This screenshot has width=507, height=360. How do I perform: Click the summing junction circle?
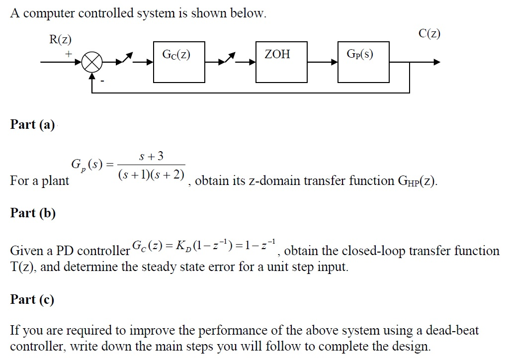tap(92, 63)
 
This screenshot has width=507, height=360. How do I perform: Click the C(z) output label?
tap(429, 34)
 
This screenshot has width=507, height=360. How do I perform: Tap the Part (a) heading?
tap(32, 124)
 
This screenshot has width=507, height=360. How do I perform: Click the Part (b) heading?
tap(33, 213)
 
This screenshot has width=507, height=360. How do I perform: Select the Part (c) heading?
tap(32, 299)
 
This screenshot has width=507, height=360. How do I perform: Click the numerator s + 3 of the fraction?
tap(153, 157)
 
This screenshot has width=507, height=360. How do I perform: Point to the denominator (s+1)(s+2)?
tap(151, 175)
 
